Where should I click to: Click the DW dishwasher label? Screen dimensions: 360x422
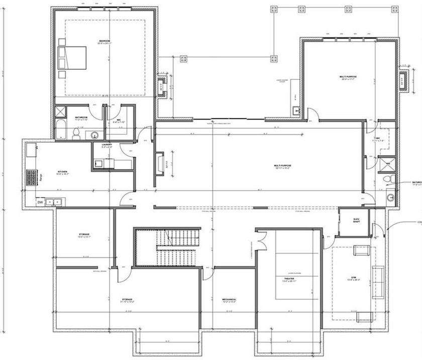40,202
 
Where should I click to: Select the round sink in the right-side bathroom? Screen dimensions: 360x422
390,197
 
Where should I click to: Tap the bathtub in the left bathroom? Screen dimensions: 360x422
60,130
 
